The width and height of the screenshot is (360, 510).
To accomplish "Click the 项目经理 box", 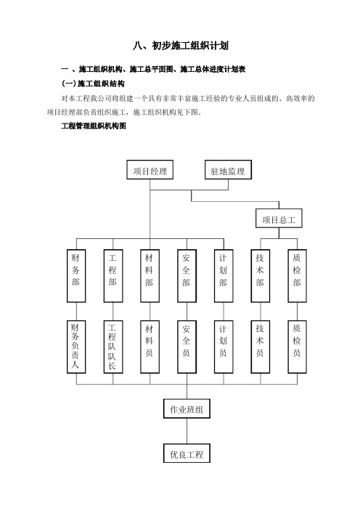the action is [x=150, y=169].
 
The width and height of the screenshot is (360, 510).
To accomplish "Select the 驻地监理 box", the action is [x=228, y=169].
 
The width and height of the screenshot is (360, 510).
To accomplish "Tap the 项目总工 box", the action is [x=279, y=218].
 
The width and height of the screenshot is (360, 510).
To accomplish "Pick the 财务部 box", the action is [x=76, y=276].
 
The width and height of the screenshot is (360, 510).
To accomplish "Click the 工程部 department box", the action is [x=113, y=276].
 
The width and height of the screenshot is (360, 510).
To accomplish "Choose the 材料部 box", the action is [x=150, y=276].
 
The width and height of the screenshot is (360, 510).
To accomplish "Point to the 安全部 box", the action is [x=187, y=276].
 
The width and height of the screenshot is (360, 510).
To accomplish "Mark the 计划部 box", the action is [x=224, y=276].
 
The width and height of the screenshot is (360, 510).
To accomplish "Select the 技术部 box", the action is [x=261, y=276].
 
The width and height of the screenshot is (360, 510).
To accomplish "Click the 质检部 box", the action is [x=297, y=276].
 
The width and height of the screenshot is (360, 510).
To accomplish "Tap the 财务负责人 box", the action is [x=76, y=347].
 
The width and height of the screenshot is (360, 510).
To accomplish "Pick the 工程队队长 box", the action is [x=113, y=347].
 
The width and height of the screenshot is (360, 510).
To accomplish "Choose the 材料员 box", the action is [x=150, y=347].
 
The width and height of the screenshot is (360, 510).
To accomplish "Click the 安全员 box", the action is [x=187, y=347].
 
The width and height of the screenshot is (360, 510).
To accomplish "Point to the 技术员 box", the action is [x=261, y=347].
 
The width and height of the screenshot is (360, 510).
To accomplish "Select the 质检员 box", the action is [x=297, y=347].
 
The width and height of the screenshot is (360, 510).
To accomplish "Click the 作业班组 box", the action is [x=187, y=408].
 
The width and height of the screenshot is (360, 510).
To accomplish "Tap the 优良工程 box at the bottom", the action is [x=187, y=453].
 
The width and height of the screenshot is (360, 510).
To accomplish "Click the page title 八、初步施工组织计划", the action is [x=181, y=46].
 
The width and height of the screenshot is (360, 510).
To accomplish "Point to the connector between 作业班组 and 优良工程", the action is [x=187, y=431].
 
